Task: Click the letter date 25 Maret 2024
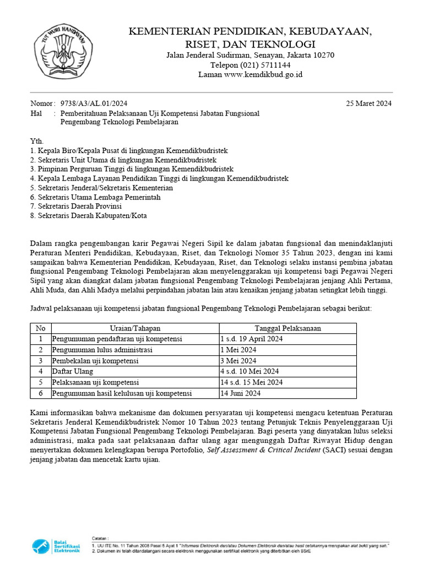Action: (368, 103)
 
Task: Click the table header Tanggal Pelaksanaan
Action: (288, 328)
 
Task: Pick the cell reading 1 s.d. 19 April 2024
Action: (251, 339)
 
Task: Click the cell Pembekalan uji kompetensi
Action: (95, 361)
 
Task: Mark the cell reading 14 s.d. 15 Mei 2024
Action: (251, 382)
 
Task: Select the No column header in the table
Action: (40, 328)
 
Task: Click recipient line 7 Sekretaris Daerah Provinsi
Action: (76, 206)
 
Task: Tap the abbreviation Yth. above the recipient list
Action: (36, 141)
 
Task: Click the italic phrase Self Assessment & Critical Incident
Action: (262, 450)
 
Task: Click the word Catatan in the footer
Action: (100, 537)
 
